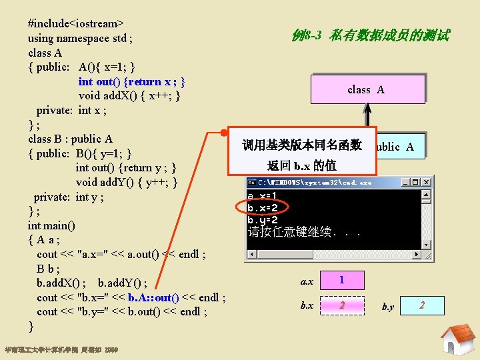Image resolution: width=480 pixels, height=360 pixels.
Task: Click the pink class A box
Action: pyautogui.click(x=366, y=89)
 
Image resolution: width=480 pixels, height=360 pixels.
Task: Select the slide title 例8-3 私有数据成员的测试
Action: pyautogui.click(x=371, y=35)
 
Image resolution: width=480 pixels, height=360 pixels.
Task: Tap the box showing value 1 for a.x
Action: pyautogui.click(x=342, y=280)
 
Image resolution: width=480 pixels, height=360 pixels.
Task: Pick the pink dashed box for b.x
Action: pyautogui.click(x=342, y=305)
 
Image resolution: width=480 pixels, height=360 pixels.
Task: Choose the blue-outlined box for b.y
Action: pyautogui.click(x=421, y=305)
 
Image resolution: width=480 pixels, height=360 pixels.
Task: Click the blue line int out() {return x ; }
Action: pyautogui.click(x=131, y=81)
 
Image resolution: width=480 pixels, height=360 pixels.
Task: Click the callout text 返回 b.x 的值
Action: pyautogui.click(x=301, y=165)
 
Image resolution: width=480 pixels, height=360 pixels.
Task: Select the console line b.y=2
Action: pyautogui.click(x=263, y=219)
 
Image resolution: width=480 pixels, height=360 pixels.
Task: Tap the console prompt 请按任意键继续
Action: pyautogui.click(x=303, y=233)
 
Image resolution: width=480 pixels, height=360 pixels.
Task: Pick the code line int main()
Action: pyautogui.click(x=51, y=225)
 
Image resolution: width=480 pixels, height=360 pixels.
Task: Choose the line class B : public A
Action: pyautogui.click(x=70, y=139)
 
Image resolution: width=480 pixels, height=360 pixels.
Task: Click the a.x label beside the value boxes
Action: pyautogui.click(x=307, y=281)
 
